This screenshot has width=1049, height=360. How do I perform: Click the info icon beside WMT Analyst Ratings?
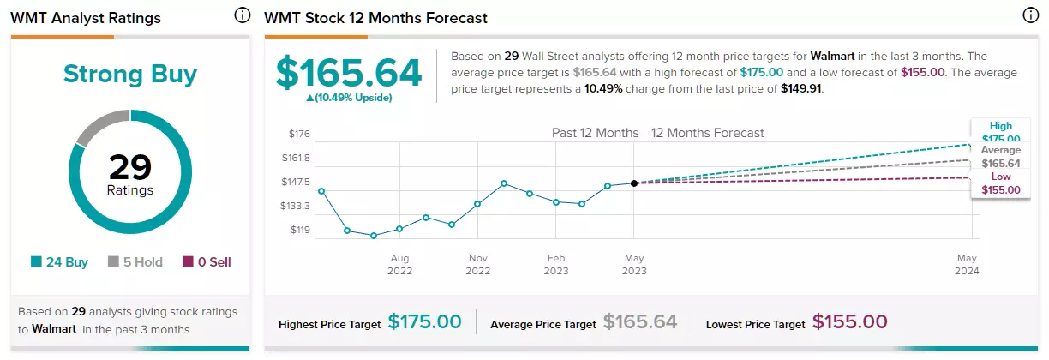(x=243, y=15)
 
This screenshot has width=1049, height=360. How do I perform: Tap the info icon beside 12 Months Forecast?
(x=1030, y=15)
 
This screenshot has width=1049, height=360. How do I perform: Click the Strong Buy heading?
(x=130, y=75)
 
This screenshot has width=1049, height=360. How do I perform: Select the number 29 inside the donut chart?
(x=130, y=167)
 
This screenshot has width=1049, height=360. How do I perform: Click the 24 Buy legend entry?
(x=59, y=261)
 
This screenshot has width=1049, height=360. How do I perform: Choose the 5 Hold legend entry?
(x=135, y=261)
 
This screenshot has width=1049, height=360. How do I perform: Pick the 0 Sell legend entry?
(x=207, y=261)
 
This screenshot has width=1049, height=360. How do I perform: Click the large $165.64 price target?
(x=349, y=73)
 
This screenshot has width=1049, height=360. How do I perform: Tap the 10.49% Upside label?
(x=349, y=98)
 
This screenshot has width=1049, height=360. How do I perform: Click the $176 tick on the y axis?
(x=299, y=134)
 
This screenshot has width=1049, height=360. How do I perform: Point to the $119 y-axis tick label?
(x=300, y=230)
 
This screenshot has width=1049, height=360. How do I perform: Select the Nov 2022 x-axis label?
(x=477, y=265)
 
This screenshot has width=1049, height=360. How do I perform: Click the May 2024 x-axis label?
(x=967, y=265)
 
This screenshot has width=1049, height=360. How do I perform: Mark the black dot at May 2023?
(x=634, y=183)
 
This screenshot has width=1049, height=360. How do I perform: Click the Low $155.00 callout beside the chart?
(x=1001, y=183)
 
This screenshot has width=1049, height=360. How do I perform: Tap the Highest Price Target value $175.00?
(x=425, y=322)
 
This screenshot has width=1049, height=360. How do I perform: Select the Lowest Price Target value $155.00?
(x=849, y=322)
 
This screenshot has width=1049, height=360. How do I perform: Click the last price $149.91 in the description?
(x=800, y=88)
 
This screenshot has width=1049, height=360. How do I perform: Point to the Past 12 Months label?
(x=596, y=133)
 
